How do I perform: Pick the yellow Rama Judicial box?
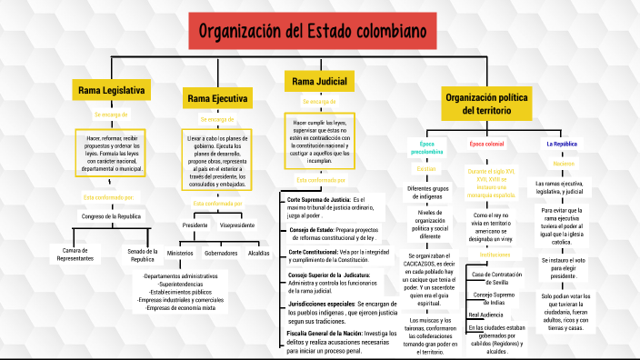318,83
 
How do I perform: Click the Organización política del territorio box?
486,103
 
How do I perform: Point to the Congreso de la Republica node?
111,216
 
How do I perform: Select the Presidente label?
195,225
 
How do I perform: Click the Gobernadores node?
220,253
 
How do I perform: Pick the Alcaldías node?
259,253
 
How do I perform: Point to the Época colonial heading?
486,145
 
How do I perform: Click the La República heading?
561,145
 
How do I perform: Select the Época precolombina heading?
425,147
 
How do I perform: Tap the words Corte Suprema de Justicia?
318,198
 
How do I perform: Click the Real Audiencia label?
485,314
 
